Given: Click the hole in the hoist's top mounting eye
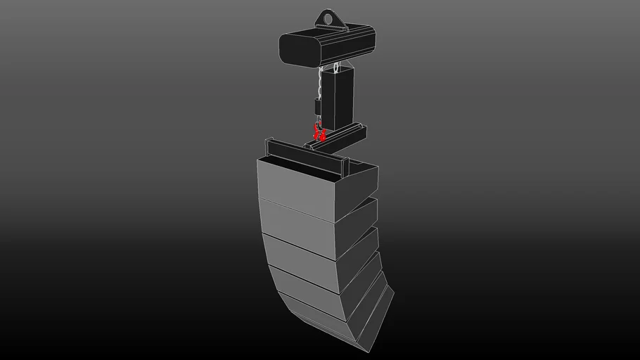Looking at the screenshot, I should [328, 18].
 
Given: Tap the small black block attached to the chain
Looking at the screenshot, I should [318, 107].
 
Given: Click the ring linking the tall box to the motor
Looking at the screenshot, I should [337, 68].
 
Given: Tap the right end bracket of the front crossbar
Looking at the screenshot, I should [345, 167].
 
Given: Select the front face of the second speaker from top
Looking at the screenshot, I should [296, 225].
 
